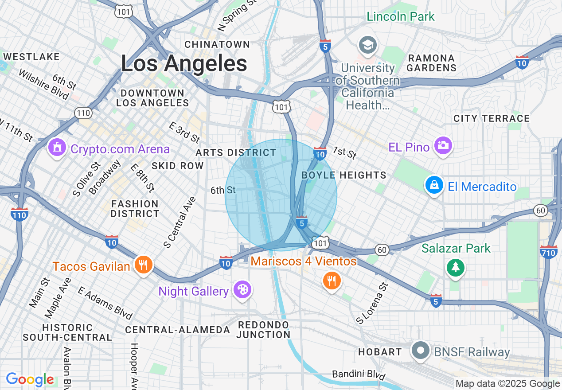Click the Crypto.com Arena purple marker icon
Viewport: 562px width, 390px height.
[57, 148]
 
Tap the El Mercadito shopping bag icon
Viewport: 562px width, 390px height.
[434, 185]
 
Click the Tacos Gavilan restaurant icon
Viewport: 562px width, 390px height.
[143, 265]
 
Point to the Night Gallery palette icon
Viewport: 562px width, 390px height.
[242, 290]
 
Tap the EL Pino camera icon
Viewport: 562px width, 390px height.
[442, 145]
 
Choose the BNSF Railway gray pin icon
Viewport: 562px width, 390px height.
[420, 351]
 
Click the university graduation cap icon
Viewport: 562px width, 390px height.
[368, 45]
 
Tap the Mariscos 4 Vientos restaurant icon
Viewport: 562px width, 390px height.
[331, 280]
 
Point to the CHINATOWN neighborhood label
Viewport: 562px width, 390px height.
[217, 44]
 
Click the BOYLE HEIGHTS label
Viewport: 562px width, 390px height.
[344, 175]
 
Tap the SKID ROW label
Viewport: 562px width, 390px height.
[177, 166]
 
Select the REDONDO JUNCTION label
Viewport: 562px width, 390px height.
[263, 330]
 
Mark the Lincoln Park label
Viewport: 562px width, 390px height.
[401, 17]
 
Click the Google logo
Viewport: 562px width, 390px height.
[30, 380]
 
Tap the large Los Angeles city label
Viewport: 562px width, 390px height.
[184, 63]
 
